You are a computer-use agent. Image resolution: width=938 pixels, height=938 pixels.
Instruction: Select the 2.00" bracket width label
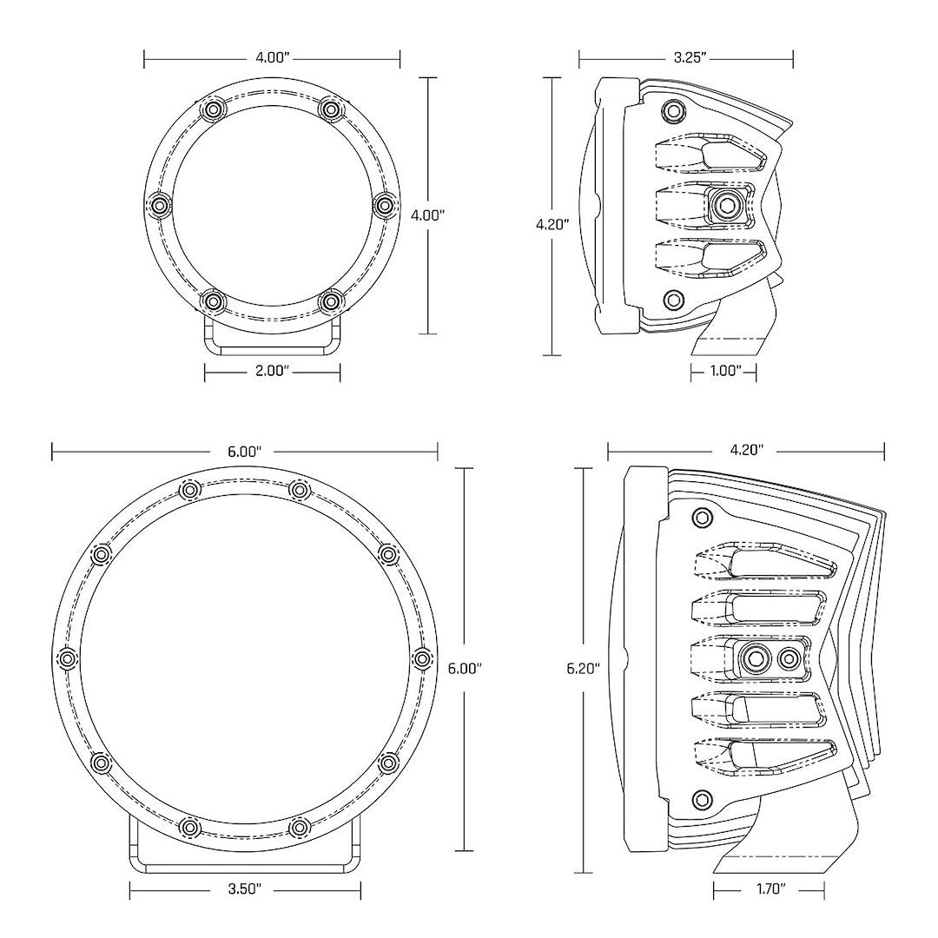click(271, 372)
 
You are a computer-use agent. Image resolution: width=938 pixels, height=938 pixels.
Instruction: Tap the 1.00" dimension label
click(723, 372)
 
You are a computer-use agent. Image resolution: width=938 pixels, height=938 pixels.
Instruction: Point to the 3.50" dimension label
click(245, 889)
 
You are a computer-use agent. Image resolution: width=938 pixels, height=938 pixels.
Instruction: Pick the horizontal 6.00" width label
click(245, 452)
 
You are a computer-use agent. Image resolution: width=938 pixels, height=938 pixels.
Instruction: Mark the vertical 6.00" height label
click(465, 669)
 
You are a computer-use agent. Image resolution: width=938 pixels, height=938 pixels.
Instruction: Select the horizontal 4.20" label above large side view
click(746, 450)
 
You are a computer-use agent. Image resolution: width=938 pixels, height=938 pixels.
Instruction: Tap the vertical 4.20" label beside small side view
click(552, 223)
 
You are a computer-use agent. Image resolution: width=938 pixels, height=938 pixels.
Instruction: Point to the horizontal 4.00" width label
click(272, 58)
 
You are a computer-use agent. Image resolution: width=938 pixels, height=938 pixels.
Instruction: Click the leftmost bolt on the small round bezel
click(159, 205)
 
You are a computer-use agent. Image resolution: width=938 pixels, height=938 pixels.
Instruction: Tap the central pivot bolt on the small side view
click(723, 205)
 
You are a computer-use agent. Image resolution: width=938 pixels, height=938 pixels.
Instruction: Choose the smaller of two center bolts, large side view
click(789, 658)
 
